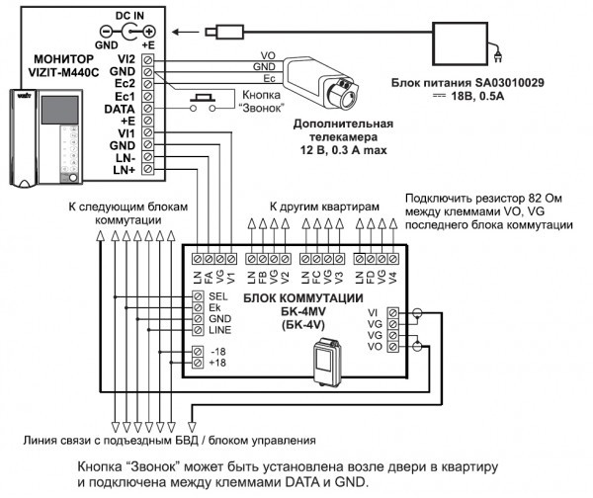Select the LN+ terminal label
pyautogui.click(x=123, y=171)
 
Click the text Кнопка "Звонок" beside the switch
pyautogui.click(x=260, y=101)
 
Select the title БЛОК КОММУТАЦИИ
pyautogui.click(x=287, y=297)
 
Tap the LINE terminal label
pyautogui.click(x=221, y=330)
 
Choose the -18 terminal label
pyautogui.click(x=218, y=351)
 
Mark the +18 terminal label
pyautogui.click(x=218, y=363)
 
